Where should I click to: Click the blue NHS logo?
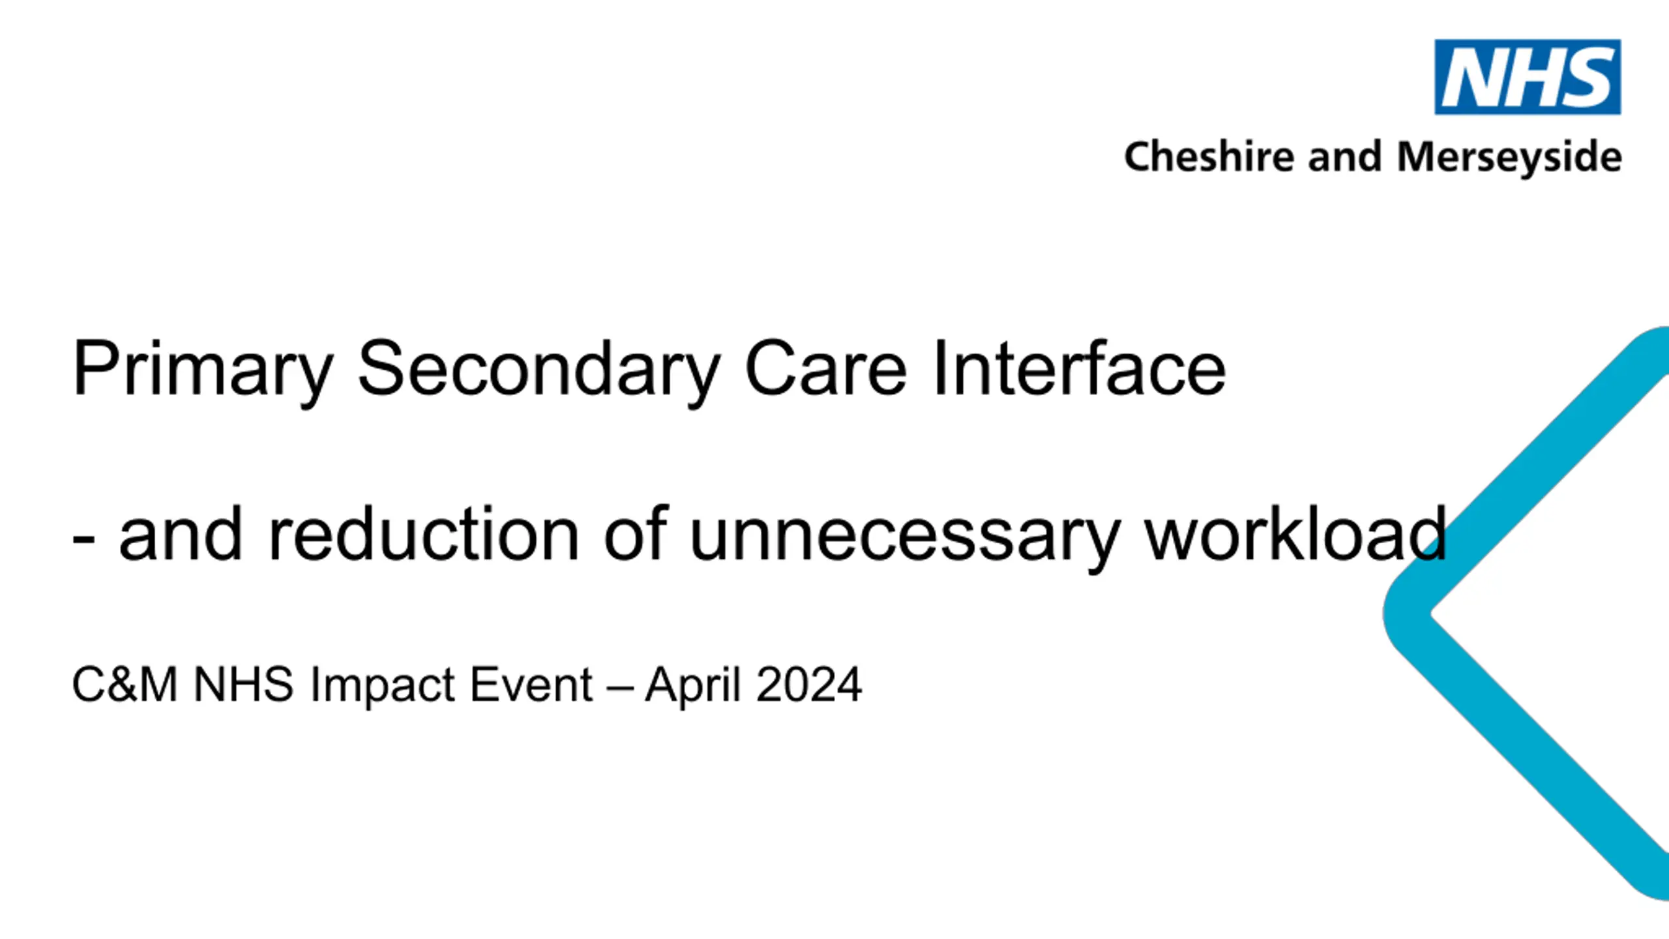coord(1528,77)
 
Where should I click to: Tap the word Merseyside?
coord(1509,158)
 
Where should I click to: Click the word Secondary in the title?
coord(539,370)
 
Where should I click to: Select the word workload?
coord(1296,533)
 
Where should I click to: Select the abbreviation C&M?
coord(125,685)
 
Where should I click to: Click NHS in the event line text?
coord(243,685)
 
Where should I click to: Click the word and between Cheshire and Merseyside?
coord(1345,156)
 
